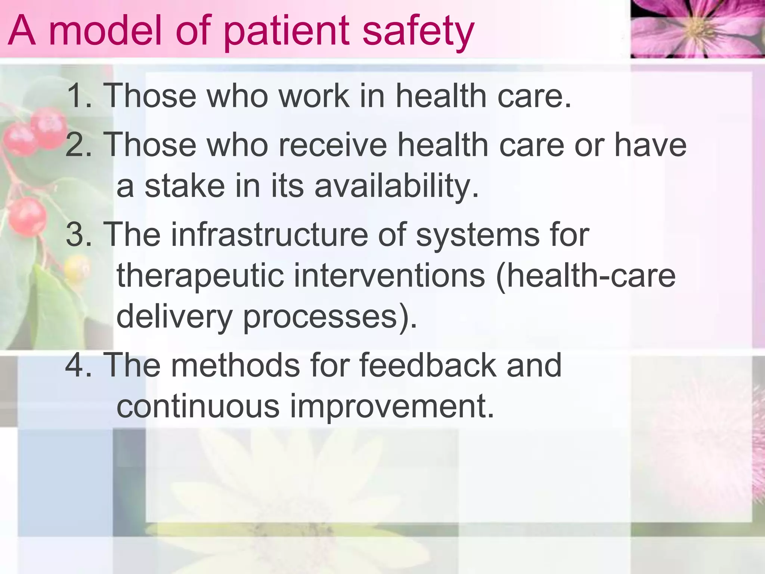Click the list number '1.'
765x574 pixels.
[x=79, y=96]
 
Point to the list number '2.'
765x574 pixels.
[x=79, y=145]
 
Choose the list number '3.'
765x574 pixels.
[x=79, y=235]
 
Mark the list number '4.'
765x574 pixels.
[x=79, y=366]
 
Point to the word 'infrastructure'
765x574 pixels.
[x=269, y=235]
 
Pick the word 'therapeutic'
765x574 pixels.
[x=200, y=276]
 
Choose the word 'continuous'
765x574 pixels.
[x=198, y=406]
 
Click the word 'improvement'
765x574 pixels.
[x=392, y=406]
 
